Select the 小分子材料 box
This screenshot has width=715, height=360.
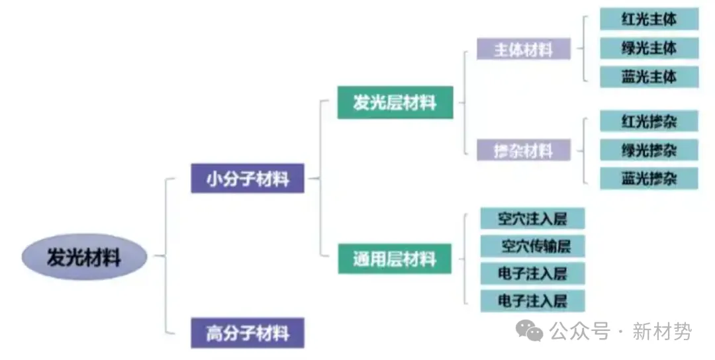pos(247,178)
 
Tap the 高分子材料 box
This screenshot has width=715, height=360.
pos(247,333)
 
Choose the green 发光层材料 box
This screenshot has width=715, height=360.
pos(395,103)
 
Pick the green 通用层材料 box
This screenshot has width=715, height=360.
pos(395,258)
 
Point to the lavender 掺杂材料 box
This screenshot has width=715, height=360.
pos(523,150)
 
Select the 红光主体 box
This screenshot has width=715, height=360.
pos(649,19)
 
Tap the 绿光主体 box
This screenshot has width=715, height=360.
pos(649,48)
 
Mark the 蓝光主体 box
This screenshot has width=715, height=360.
pos(649,77)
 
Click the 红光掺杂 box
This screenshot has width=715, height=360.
pos(649,121)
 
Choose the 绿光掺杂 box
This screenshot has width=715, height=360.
pos(649,150)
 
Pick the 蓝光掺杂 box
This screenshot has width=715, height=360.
pos(649,178)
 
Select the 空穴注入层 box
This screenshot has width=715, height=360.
pos(533,218)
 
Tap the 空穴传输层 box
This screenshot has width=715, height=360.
pos(533,246)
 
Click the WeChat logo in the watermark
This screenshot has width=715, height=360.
pos(530,329)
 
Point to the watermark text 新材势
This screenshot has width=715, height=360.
pos(662,330)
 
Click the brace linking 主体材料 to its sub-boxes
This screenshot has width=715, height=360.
pos(584,48)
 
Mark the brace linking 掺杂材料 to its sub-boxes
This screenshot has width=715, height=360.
pos(584,150)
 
